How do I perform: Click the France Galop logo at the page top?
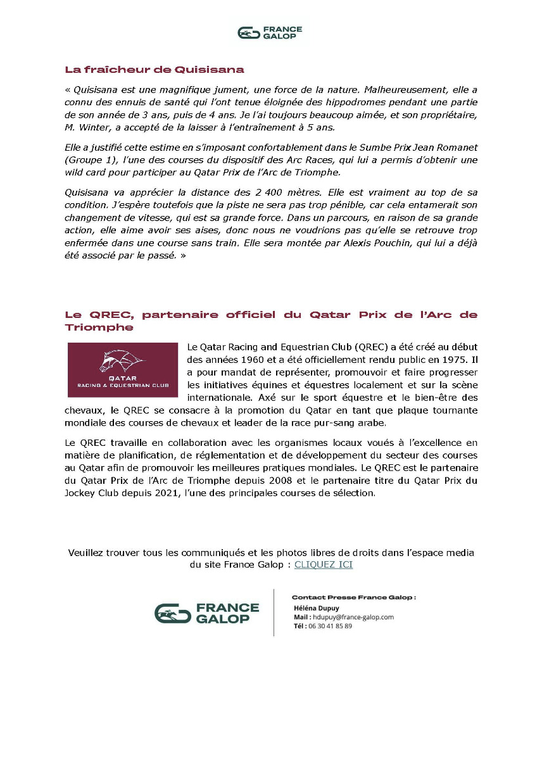(270, 32)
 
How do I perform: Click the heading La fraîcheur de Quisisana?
(154, 70)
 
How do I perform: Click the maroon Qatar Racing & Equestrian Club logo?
(123, 370)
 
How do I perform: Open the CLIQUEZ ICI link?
(323, 564)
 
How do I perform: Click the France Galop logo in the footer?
(206, 613)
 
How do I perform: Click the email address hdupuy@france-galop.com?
(351, 617)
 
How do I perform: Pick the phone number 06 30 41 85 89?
(329, 626)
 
